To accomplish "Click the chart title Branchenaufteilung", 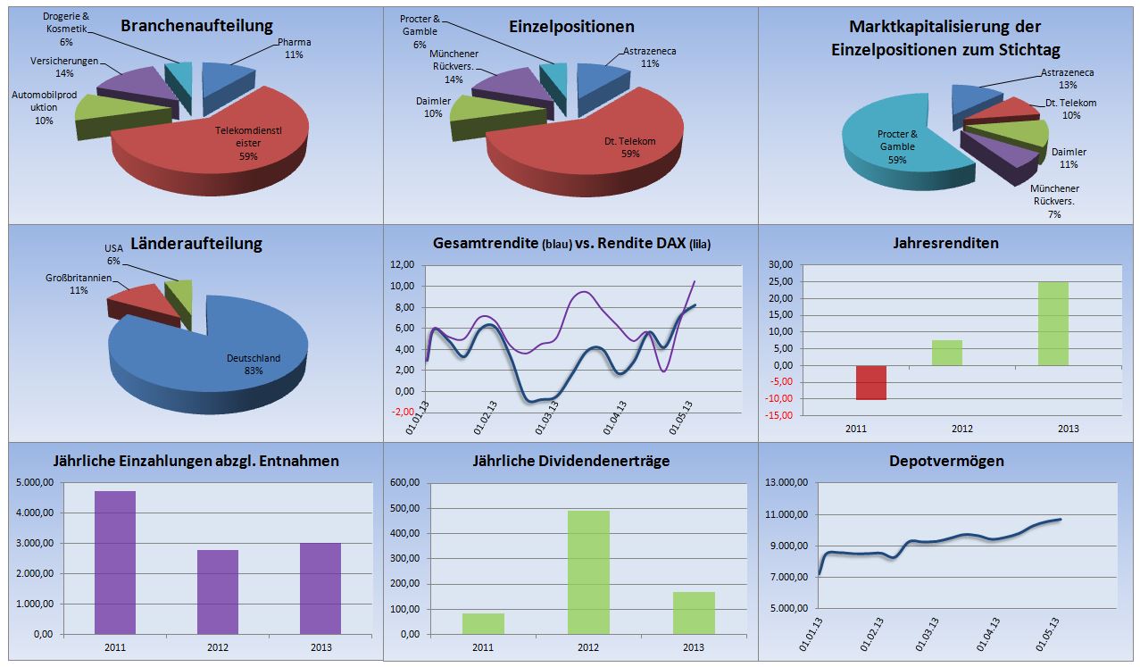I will pyautogui.click(x=196, y=26).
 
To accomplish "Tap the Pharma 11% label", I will pyautogui.click(x=294, y=47).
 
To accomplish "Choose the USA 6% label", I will pyautogui.click(x=113, y=254).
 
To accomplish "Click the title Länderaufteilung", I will pyautogui.click(x=196, y=243).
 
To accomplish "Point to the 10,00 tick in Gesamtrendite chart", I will pyautogui.click(x=403, y=286).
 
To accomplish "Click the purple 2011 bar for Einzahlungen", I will pyautogui.click(x=115, y=563).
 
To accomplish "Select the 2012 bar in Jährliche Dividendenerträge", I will pyautogui.click(x=588, y=571).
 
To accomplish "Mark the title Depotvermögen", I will pyautogui.click(x=946, y=461).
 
